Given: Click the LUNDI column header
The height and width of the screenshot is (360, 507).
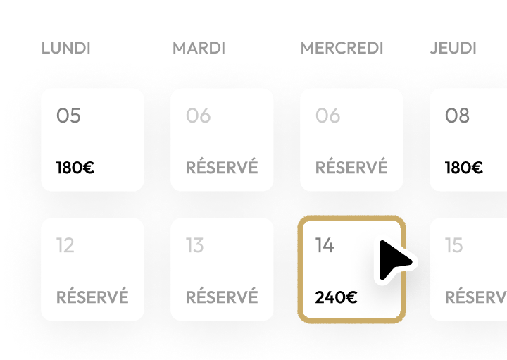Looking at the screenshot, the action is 66,48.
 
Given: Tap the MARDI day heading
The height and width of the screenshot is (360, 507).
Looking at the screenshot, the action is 199,48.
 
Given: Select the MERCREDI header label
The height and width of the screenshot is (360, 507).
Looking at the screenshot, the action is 342,48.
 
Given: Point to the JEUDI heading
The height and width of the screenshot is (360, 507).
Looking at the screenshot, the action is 453,48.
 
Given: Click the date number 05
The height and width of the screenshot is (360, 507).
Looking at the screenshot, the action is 68,116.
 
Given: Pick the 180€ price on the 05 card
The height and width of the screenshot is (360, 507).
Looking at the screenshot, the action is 75,168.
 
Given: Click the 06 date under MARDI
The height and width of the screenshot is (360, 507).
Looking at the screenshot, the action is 198,116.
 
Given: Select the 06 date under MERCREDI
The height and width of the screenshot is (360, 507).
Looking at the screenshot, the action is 328,116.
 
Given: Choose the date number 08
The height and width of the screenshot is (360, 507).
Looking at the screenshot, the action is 457,116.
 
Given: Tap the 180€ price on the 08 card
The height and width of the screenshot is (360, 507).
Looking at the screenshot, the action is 464,168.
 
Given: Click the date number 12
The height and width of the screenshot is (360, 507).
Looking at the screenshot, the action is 65,245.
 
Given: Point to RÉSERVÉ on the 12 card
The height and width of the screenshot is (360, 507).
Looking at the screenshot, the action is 92,296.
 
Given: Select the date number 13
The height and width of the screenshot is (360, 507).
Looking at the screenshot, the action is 195,245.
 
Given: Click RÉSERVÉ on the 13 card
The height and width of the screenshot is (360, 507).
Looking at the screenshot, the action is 222,296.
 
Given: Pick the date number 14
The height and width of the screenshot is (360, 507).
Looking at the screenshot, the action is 325,245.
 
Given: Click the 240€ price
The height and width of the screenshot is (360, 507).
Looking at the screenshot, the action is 337,297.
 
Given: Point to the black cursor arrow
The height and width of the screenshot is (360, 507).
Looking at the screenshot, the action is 394,261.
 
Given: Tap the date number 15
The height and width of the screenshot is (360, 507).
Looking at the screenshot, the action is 454,245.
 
